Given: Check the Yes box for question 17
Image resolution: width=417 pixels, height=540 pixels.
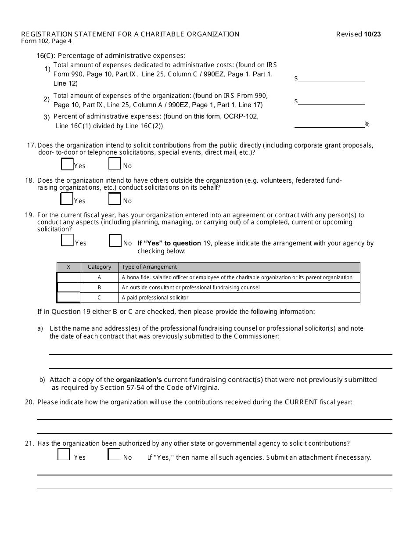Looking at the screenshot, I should pyautogui.click(x=67, y=164).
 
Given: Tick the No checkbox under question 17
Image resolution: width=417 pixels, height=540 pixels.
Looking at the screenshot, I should pyautogui.click(x=115, y=164).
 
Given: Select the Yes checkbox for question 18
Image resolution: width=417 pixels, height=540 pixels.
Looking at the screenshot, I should pyautogui.click(x=67, y=199).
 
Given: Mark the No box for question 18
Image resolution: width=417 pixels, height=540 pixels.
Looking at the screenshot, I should pyautogui.click(x=115, y=199).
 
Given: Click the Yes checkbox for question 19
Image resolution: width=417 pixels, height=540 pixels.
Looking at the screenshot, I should pyautogui.click(x=67, y=241).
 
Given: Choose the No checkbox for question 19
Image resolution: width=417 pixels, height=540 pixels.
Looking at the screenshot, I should pyautogui.click(x=115, y=241).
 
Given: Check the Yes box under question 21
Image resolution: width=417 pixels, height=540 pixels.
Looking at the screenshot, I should pyautogui.click(x=64, y=454).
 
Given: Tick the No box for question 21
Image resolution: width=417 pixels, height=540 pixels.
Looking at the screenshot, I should pyautogui.click(x=114, y=454).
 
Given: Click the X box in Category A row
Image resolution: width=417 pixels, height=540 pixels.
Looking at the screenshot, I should pyautogui.click(x=68, y=277).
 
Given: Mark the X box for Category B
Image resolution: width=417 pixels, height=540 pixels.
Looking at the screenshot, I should pyautogui.click(x=68, y=288).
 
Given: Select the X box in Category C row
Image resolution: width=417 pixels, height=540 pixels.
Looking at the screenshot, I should pyautogui.click(x=68, y=298).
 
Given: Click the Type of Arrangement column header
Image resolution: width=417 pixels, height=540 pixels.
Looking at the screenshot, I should pyautogui.click(x=149, y=267).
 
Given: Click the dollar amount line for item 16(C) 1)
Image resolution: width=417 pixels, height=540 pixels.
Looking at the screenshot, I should pyautogui.click(x=331, y=79).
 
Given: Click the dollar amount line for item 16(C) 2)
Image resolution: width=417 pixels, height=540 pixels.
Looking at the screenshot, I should pyautogui.click(x=331, y=101).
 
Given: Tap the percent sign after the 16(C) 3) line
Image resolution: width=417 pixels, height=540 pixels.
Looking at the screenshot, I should pyautogui.click(x=367, y=125).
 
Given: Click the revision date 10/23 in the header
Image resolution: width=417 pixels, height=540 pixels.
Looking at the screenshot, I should pyautogui.click(x=372, y=34).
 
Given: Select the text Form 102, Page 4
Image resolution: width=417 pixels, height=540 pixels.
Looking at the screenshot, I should pyautogui.click(x=46, y=41).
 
